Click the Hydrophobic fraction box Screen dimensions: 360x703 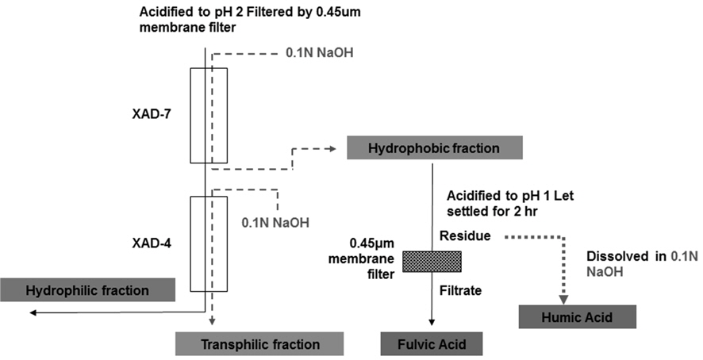[x=434, y=147]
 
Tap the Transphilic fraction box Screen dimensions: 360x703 [x=260, y=344]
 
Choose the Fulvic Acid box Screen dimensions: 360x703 [x=432, y=344]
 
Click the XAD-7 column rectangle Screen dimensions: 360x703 [x=208, y=114]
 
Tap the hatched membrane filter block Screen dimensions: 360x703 [x=432, y=261]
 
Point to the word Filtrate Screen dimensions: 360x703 [x=463, y=290]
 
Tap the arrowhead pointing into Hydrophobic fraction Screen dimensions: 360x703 [x=334, y=148]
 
